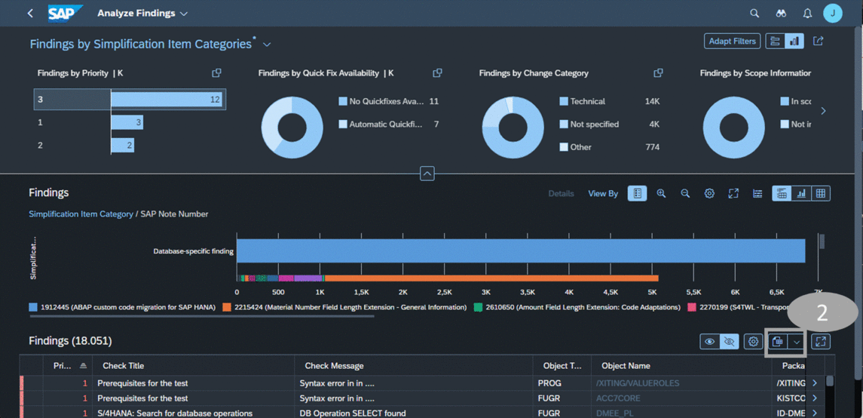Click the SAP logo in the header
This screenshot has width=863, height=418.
coord(65,14)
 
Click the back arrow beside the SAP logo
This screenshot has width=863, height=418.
coord(30,14)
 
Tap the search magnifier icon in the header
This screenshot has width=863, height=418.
coord(754,14)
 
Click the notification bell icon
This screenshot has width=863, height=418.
coord(807,14)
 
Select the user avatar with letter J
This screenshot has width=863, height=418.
coord(832,13)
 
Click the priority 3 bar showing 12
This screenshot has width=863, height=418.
coord(167,100)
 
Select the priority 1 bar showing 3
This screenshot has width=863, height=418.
coord(127,122)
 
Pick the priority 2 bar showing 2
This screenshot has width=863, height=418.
coord(122,145)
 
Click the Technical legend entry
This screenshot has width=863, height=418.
coord(587,101)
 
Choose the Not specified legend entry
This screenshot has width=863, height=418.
coord(594,124)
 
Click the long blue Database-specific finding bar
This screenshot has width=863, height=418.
coord(520,251)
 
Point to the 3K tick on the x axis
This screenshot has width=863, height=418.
coord(485,292)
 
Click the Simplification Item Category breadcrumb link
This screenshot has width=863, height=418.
coord(81,214)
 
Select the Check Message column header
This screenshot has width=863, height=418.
coord(334,366)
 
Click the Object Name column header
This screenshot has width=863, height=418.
coord(626,366)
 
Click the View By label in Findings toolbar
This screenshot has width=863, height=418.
coord(603,194)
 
